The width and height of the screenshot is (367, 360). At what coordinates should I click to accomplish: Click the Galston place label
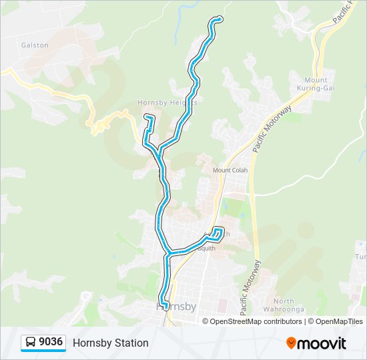[x=35, y=45]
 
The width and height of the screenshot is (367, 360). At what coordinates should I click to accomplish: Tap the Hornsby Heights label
[x=167, y=103]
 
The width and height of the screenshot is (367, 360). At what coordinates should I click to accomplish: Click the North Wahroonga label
[x=288, y=305]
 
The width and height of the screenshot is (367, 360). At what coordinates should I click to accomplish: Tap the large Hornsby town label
[x=176, y=307]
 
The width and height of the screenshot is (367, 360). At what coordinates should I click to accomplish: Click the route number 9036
[x=51, y=343]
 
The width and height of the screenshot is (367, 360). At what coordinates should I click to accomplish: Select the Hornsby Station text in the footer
[x=110, y=343]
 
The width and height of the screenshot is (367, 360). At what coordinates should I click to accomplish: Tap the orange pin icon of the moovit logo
[x=291, y=343]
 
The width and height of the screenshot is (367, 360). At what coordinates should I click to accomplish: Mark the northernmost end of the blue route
[x=218, y=19]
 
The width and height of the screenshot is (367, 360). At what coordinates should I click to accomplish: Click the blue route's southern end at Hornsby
[x=162, y=305]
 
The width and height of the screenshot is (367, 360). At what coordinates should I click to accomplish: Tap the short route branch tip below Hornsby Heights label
[x=147, y=117]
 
